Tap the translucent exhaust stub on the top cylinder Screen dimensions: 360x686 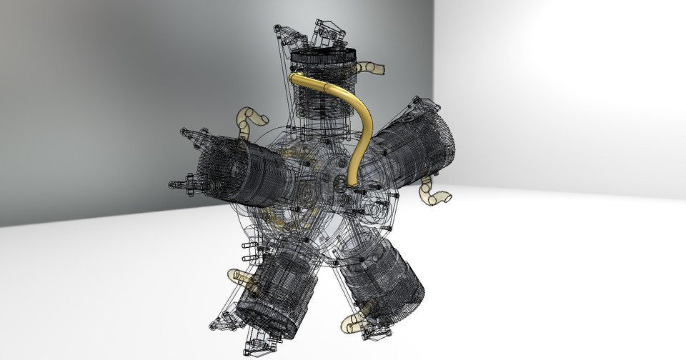[372, 68]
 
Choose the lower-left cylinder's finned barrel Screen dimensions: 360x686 [282, 286]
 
